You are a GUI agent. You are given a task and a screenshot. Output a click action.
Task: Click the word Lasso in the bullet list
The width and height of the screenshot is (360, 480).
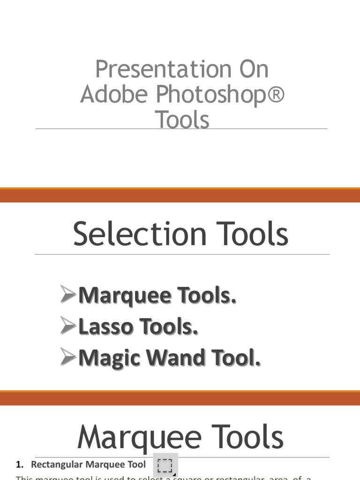[x=105, y=327]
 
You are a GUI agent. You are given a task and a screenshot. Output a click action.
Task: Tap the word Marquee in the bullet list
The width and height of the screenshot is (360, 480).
[x=125, y=296]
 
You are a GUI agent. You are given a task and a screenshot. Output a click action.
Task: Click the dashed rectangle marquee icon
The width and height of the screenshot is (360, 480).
[x=165, y=465]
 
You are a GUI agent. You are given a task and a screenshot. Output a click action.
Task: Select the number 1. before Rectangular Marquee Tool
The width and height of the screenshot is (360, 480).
[x=19, y=465]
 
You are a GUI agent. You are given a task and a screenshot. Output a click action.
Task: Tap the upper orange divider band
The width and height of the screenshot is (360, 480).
[x=180, y=195]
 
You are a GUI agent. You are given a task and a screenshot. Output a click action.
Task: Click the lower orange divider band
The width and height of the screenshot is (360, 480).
[x=180, y=397]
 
